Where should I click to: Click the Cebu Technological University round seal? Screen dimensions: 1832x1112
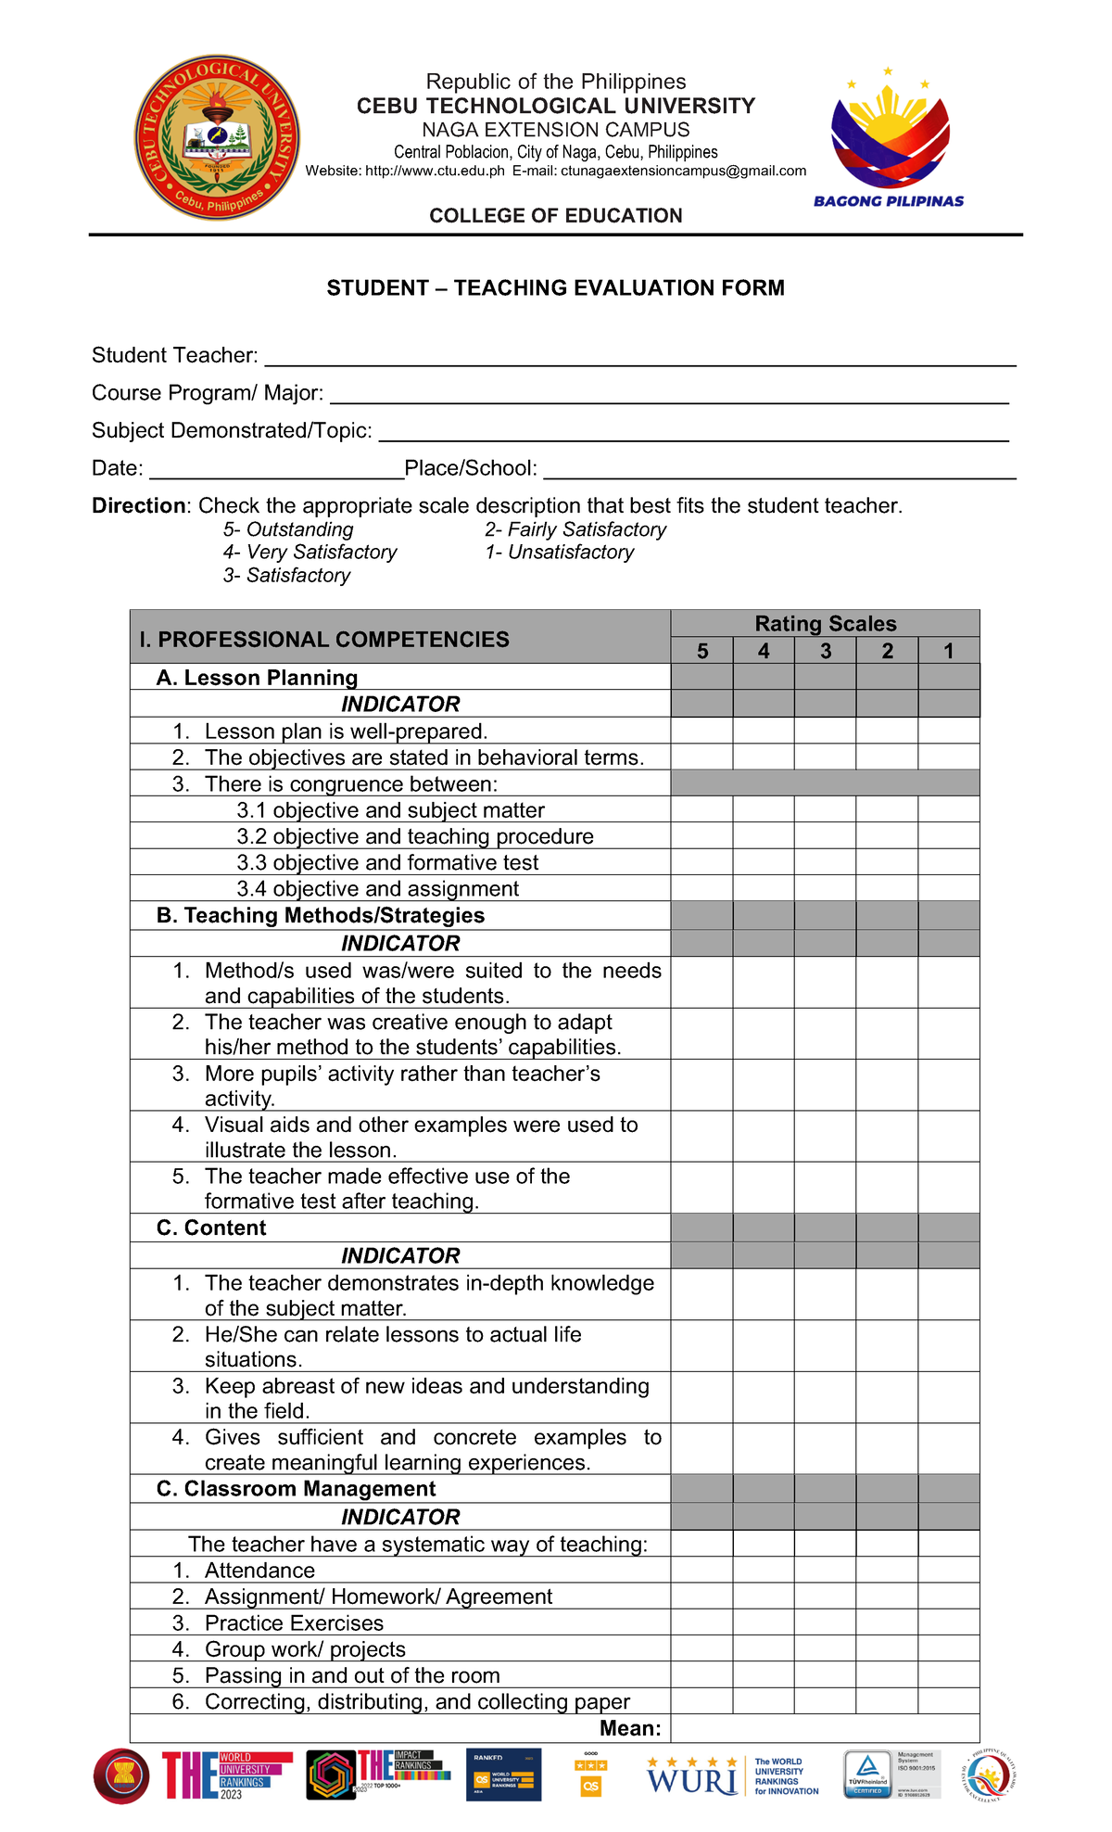(x=217, y=136)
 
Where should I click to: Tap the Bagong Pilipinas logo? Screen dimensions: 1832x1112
(x=889, y=139)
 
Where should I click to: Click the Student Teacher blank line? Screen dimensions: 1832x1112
(x=639, y=358)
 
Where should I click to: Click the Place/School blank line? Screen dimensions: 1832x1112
(x=778, y=470)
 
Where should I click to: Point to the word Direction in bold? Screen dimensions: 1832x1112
(x=139, y=505)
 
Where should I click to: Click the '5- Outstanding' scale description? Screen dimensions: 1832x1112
(x=288, y=529)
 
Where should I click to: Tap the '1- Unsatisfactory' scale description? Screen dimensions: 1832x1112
(x=559, y=553)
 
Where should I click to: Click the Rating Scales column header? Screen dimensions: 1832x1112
(x=825, y=623)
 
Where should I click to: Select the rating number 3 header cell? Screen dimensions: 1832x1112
(x=825, y=651)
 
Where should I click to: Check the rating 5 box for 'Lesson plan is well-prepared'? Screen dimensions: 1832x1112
(x=701, y=731)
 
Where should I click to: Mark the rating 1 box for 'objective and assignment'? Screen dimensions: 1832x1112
(x=948, y=888)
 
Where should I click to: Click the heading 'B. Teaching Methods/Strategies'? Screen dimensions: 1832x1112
(x=321, y=915)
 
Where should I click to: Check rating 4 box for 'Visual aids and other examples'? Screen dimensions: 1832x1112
(x=763, y=1137)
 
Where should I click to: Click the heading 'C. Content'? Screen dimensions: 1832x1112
(x=211, y=1228)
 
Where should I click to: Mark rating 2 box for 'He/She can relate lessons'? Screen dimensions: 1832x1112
(x=887, y=1346)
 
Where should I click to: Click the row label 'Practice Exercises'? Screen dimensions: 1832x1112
(x=294, y=1622)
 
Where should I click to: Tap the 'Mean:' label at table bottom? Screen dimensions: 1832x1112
(x=630, y=1727)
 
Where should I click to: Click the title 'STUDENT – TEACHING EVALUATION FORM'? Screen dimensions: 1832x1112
(x=555, y=288)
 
